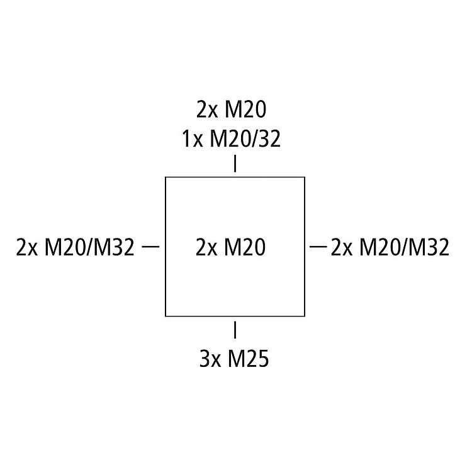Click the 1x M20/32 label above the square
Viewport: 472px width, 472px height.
[231, 138]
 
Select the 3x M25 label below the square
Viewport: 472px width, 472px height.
[234, 359]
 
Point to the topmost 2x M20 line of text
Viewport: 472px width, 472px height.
[232, 110]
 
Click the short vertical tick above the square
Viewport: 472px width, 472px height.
[235, 164]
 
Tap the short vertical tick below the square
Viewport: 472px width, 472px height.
[235, 330]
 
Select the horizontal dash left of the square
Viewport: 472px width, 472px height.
[150, 246]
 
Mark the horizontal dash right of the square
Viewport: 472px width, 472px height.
[320, 246]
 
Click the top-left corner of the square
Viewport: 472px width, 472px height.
[166, 177]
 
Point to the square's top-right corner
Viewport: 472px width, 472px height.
[305, 177]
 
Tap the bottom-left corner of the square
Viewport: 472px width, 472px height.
[166, 316]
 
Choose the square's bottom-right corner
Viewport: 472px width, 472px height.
[305, 316]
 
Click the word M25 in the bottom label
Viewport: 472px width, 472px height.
[248, 359]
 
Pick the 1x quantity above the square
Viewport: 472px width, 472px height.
[192, 138]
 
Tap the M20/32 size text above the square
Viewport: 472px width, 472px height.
[245, 138]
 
